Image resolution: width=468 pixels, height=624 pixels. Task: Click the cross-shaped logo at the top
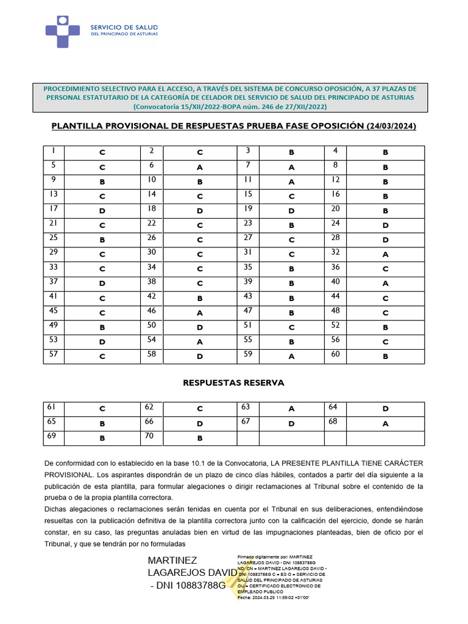[63, 32]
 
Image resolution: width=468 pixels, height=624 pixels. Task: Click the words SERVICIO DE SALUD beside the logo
[124, 27]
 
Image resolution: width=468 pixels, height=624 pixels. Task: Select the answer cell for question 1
[102, 153]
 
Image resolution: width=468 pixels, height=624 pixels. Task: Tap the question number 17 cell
[53, 208]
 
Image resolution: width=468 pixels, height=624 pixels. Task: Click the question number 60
[336, 353]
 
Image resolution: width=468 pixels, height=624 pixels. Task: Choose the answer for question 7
[291, 168]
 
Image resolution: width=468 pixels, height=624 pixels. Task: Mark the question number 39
[248, 281]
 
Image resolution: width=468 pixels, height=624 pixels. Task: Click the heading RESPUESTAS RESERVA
[233, 383]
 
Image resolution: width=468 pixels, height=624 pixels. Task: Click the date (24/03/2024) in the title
[392, 126]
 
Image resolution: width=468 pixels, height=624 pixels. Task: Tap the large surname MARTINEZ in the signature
[172, 560]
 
